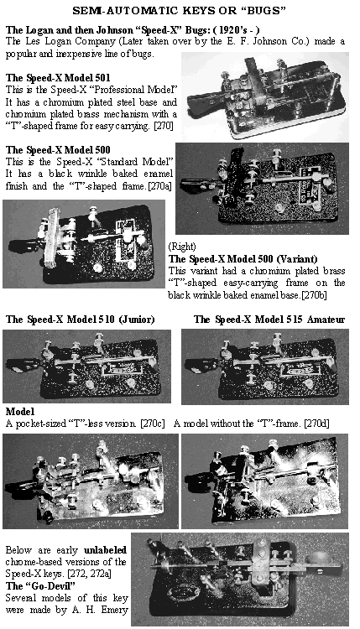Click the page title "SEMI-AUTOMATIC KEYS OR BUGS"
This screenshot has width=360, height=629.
pos(179,11)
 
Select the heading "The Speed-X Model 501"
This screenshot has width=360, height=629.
pos(58,77)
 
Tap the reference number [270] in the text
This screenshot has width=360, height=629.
pos(164,126)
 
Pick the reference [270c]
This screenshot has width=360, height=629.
pos(153,424)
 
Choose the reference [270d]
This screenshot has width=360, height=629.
pos(316,424)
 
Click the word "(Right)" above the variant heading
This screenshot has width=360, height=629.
pos(182,247)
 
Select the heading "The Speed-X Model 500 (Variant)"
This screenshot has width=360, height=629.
pos(243,259)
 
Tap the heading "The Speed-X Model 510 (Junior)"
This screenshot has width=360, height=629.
pos(80,320)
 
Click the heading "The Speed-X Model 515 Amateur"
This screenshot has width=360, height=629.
pos(269,320)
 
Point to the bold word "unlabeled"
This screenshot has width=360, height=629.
pos(105,550)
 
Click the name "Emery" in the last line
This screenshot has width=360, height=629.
pos(115,611)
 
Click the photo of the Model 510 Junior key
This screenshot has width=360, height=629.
pos(86,366)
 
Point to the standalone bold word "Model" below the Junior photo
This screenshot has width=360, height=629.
pos(20,412)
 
